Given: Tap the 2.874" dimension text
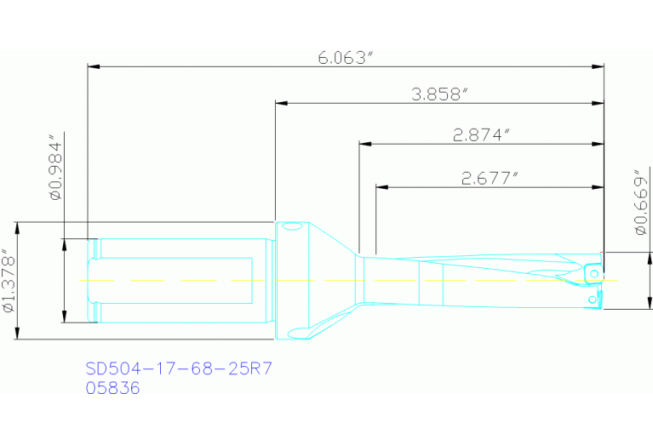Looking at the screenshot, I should point(481,134).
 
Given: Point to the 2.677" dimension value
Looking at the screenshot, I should point(490,178).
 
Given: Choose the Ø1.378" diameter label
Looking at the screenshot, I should point(9,281).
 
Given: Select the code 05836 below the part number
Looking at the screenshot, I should point(112,388).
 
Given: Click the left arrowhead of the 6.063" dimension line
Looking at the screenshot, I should point(94,66).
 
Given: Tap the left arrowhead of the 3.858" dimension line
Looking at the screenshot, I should point(281,104).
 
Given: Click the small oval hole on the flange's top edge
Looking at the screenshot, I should point(292,226).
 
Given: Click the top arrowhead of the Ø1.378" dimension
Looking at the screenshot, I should point(17,228).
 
